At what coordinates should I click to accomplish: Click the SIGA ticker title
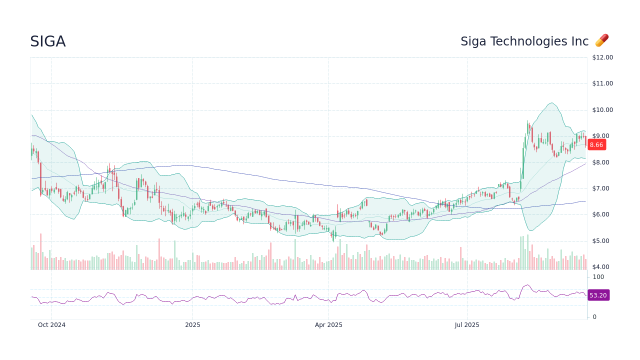click(x=47, y=41)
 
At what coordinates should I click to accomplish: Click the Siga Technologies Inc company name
click(x=524, y=41)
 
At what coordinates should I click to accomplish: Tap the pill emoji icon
click(x=601, y=40)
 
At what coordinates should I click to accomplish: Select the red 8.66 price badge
click(x=596, y=145)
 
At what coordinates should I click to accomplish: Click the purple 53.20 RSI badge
click(x=598, y=295)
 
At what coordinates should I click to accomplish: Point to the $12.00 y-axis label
click(x=602, y=57)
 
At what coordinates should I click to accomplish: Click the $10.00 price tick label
click(x=602, y=110)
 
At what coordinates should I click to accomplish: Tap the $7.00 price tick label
click(x=602, y=188)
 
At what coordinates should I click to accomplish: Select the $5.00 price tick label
click(x=602, y=241)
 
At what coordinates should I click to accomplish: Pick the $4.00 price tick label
click(x=602, y=267)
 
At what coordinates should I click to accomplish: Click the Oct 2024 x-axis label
click(x=51, y=325)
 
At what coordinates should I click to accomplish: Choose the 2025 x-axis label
click(x=192, y=325)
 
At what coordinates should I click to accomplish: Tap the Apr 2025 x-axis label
click(x=328, y=325)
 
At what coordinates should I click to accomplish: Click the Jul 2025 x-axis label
click(x=467, y=325)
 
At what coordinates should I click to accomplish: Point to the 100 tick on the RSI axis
click(x=598, y=277)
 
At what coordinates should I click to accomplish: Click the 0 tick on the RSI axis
click(x=594, y=317)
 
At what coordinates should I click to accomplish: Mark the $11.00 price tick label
click(x=602, y=83)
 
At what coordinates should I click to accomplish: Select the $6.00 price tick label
click(x=602, y=214)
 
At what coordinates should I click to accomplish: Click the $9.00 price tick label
click(x=602, y=136)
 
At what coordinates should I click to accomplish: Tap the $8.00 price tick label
click(x=602, y=162)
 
